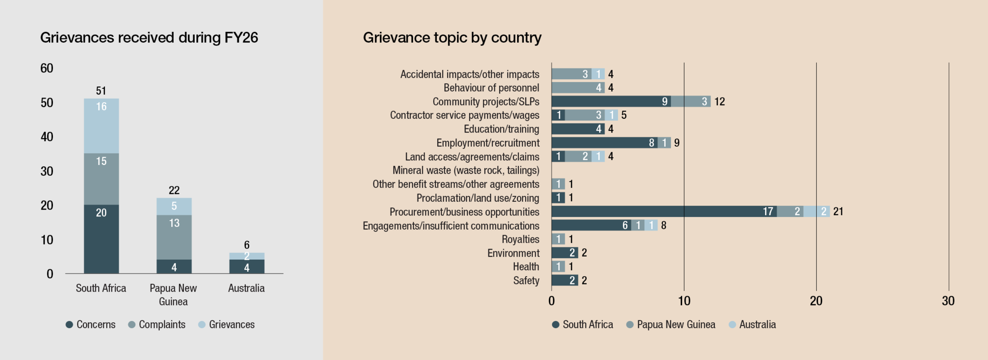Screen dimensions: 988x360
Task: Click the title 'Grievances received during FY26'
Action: click(x=149, y=37)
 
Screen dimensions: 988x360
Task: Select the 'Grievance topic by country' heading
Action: click(x=452, y=37)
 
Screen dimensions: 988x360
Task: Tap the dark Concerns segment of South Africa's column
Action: click(x=101, y=239)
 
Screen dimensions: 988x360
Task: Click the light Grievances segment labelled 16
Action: click(x=101, y=126)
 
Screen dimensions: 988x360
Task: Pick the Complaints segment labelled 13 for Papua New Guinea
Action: click(x=174, y=237)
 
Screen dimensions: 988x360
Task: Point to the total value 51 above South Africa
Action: click(x=101, y=91)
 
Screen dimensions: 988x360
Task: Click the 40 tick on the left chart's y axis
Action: click(x=47, y=137)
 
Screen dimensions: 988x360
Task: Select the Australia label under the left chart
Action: click(x=246, y=288)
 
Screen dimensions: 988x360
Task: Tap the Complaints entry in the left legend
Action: click(x=157, y=324)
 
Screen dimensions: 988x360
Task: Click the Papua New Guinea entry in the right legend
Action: click(x=671, y=324)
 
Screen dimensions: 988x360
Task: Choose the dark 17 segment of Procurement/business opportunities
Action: click(x=664, y=211)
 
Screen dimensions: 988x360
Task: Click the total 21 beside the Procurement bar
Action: click(x=838, y=211)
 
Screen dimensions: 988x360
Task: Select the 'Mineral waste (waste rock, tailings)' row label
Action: click(x=466, y=170)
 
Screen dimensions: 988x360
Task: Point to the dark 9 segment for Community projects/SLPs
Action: click(x=611, y=101)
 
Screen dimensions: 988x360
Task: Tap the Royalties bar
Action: click(x=558, y=239)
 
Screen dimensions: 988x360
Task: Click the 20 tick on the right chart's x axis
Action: click(x=816, y=301)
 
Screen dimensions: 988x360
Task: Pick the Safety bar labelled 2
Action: click(x=565, y=280)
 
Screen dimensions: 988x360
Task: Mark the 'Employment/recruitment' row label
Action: click(x=488, y=143)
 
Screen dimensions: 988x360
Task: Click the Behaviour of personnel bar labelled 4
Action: click(x=578, y=87)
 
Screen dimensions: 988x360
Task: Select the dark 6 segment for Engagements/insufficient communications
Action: click(x=591, y=225)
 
